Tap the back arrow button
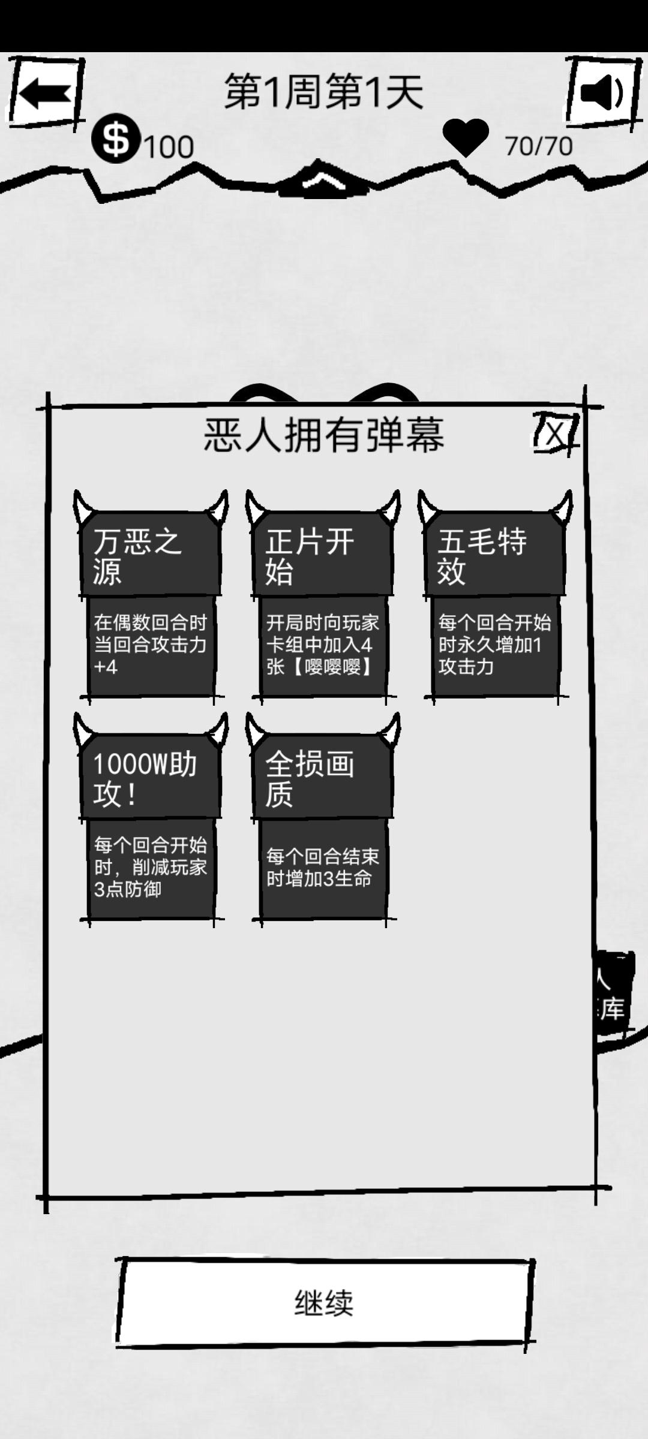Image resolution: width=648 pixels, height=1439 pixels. (44, 94)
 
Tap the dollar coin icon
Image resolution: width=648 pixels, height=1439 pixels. (116, 139)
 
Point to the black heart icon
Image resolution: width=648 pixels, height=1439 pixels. (465, 137)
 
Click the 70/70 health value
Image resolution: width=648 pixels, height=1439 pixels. (538, 146)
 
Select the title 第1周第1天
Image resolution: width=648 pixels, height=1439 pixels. (324, 92)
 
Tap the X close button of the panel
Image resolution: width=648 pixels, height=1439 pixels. (556, 433)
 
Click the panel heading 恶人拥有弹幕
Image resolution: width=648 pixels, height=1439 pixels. (324, 435)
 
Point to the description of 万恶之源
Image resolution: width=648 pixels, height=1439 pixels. (150, 645)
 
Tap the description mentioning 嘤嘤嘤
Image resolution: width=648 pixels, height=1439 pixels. (323, 645)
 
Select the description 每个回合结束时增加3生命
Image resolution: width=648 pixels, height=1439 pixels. (323, 868)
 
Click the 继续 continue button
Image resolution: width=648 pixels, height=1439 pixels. (324, 1303)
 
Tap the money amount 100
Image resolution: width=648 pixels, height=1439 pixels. (169, 147)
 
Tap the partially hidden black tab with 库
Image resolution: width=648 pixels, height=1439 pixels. (613, 995)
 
